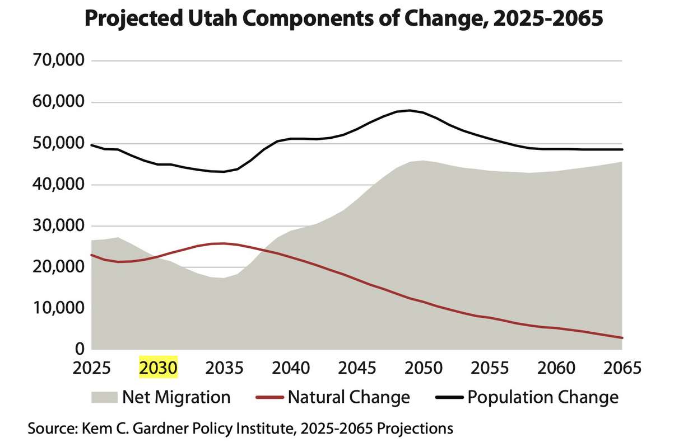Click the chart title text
pyautogui.click(x=343, y=20)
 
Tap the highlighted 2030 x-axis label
pyautogui.click(x=158, y=368)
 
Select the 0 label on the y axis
pyautogui.click(x=78, y=349)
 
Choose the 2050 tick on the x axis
pyautogui.click(x=423, y=368)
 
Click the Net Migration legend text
pyautogui.click(x=176, y=397)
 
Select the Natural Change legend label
pyautogui.click(x=348, y=397)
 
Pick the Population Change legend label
pyautogui.click(x=542, y=397)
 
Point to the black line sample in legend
pyautogui.click(x=449, y=397)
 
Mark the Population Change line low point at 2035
pyautogui.click(x=224, y=172)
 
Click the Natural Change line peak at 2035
pyautogui.click(x=224, y=243)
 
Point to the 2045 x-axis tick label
pyautogui.click(x=357, y=368)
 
